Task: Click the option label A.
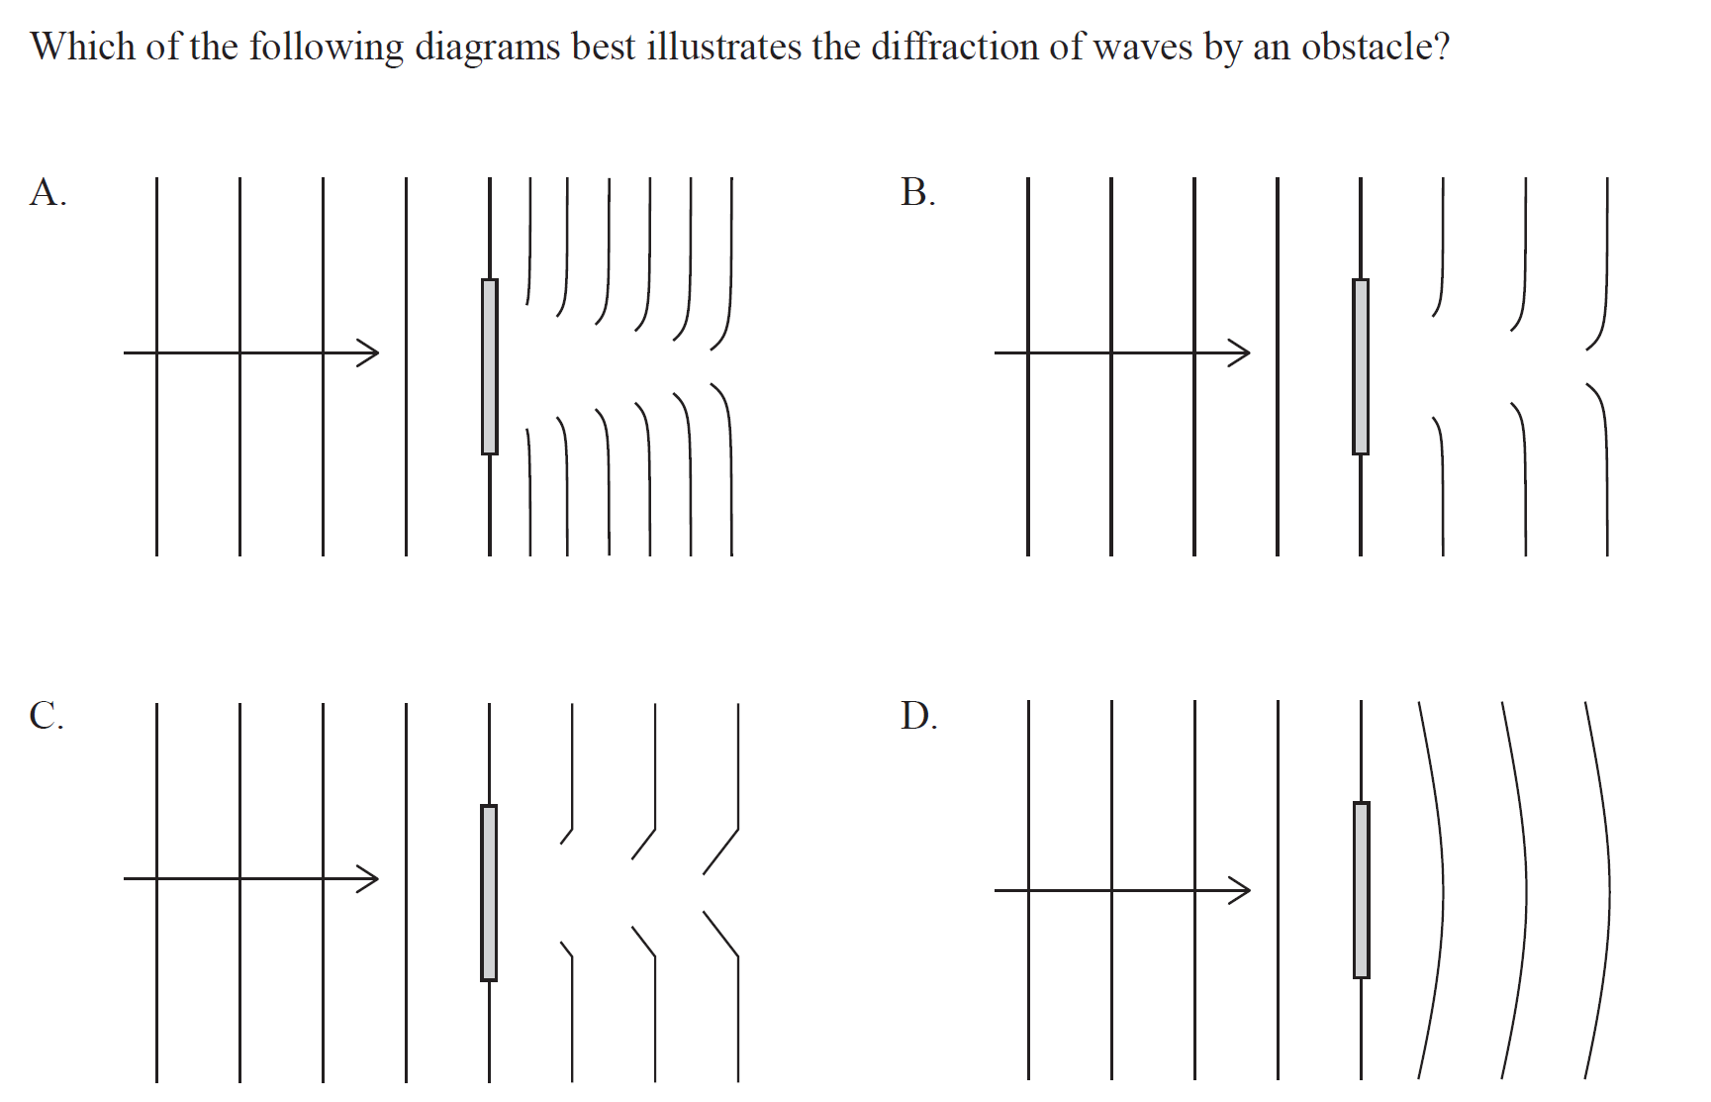pyautogui.click(x=47, y=192)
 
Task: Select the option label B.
pyautogui.click(x=917, y=192)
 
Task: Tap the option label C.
pyautogui.click(x=47, y=715)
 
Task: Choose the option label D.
pyautogui.click(x=918, y=715)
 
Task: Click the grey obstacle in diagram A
pyautogui.click(x=490, y=366)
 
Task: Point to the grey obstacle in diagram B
pyautogui.click(x=1361, y=366)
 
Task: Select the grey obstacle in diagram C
pyautogui.click(x=489, y=892)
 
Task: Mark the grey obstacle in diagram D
pyautogui.click(x=1362, y=889)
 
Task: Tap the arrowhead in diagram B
pyautogui.click(x=1241, y=351)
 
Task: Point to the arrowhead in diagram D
pyautogui.click(x=1241, y=890)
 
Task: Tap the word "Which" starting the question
pyautogui.click(x=82, y=47)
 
